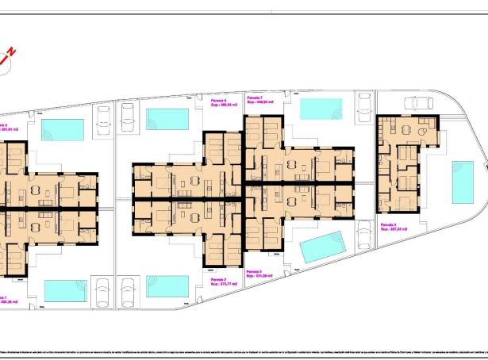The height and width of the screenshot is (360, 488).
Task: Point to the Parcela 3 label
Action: click(x=256, y=272)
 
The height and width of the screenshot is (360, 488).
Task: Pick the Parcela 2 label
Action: click(x=220, y=280)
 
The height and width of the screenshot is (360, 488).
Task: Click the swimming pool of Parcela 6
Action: click(x=167, y=119)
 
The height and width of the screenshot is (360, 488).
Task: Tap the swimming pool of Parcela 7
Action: click(x=322, y=109)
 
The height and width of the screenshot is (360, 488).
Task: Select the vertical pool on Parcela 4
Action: click(x=463, y=182)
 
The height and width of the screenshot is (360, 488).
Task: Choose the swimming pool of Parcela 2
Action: click(x=167, y=285)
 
